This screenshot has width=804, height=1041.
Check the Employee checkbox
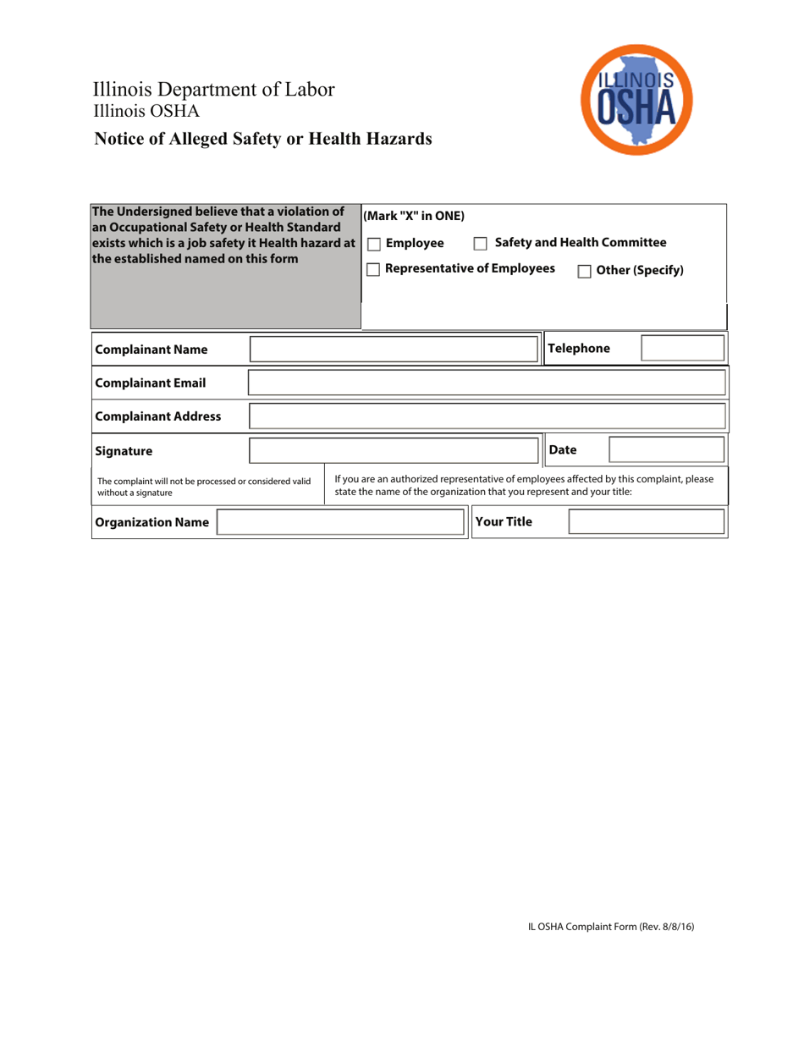coord(373,245)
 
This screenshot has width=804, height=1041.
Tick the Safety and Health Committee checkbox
coord(481,245)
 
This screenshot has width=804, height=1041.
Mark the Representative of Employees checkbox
coord(373,270)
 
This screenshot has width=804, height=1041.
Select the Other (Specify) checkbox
coord(584,272)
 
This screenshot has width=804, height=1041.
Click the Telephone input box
coord(682,349)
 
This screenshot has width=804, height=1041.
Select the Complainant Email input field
coord(487,383)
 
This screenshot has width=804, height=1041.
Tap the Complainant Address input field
coord(487,416)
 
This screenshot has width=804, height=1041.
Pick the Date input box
coord(666,450)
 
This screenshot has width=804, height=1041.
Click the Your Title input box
coord(646,522)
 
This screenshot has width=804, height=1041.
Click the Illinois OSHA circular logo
coord(636,99)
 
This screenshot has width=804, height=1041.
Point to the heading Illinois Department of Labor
coord(213,91)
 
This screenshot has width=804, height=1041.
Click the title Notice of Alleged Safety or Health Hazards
coord(263,139)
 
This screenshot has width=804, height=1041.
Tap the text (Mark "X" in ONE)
coord(414,216)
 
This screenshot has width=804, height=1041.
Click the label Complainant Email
coord(151,383)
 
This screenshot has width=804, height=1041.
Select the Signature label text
coord(124,451)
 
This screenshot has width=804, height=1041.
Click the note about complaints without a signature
coord(204,486)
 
